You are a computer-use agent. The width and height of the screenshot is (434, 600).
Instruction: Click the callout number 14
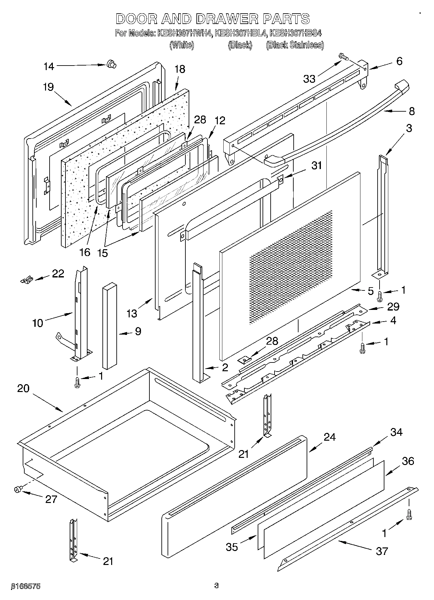[x=49, y=67]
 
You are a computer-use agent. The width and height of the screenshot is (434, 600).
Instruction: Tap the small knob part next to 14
[x=111, y=65]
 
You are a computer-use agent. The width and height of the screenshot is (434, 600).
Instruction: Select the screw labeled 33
[x=344, y=57]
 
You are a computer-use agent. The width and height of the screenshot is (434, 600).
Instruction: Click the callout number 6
[x=399, y=61]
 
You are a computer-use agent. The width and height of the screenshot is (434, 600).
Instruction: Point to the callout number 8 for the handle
[x=411, y=112]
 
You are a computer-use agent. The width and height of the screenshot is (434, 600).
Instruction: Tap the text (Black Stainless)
[x=295, y=45]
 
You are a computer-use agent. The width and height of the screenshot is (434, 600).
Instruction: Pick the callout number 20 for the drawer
[x=23, y=388]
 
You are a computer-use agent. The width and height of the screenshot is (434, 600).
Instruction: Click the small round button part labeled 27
[x=18, y=489]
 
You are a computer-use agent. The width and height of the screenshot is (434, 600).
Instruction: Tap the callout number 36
[x=408, y=461]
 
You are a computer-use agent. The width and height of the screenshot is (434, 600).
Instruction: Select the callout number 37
[x=382, y=551]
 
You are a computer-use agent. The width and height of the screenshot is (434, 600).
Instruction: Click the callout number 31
[x=316, y=165]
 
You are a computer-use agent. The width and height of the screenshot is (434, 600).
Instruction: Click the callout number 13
[x=132, y=313]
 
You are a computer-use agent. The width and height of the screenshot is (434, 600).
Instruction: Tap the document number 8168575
[x=26, y=586]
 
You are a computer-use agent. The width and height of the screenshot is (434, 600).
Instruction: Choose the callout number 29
[x=393, y=306]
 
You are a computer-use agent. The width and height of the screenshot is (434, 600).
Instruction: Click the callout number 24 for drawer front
[x=329, y=437]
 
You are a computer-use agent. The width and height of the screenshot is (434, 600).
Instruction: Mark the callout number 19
[x=48, y=87]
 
